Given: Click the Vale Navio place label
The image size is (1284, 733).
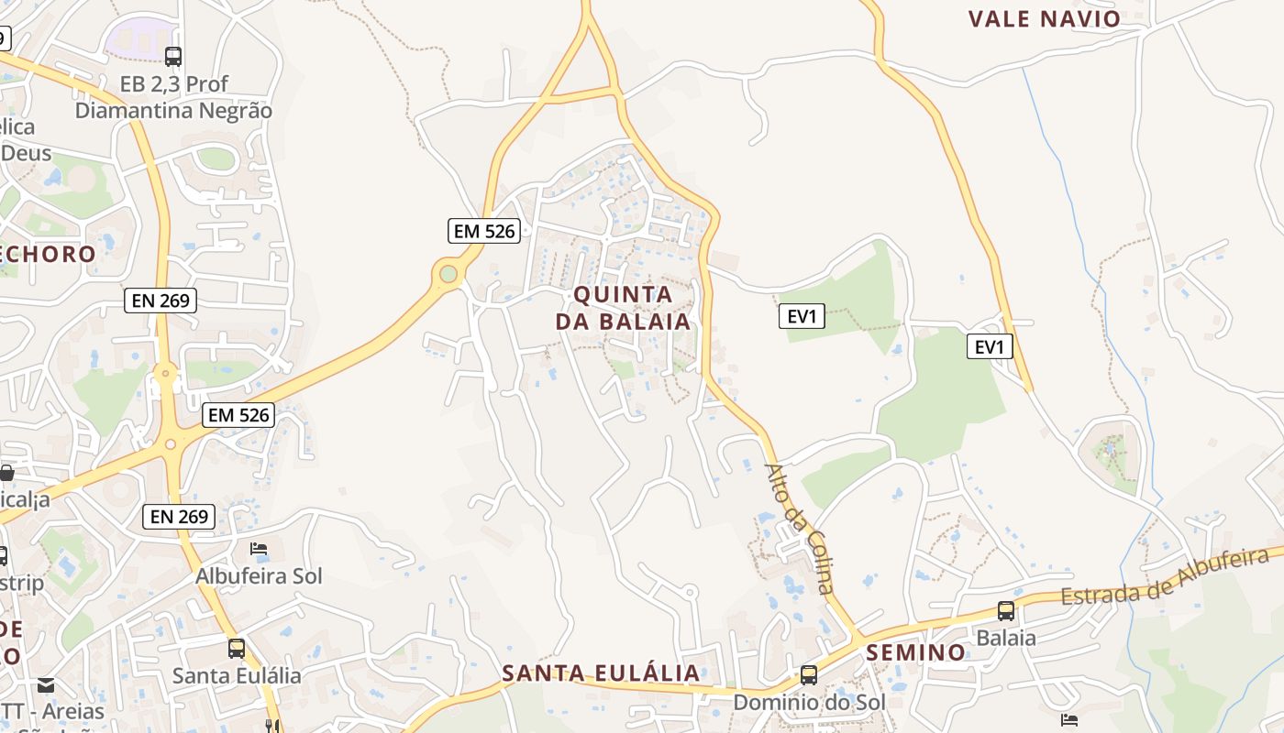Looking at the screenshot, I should point(1045,18).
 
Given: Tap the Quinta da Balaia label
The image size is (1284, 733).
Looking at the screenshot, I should point(623,308).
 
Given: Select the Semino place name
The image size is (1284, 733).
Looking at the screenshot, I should point(916,652).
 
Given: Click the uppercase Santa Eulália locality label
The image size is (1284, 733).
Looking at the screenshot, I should point(601,673).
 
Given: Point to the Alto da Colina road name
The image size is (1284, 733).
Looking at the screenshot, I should point(801,529).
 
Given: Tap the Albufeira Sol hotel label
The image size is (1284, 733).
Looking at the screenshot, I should point(259,576).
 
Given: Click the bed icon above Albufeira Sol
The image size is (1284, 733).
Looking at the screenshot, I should point(259,549).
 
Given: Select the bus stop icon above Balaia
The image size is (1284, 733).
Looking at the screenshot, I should point(1006,611).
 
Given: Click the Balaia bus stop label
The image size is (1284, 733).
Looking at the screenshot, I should point(1006,638).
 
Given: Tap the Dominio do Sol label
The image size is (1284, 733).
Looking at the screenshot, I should point(808,702).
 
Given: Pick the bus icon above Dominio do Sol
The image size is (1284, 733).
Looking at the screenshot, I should point(808,675).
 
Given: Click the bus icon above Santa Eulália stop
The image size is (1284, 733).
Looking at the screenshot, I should point(237,649).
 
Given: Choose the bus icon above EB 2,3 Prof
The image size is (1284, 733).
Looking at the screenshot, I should point(173,57).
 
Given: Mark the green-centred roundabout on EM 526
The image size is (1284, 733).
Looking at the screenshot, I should point(448,273).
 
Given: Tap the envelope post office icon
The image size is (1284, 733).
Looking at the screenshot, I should point(45,684).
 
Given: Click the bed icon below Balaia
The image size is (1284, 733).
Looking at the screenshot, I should point(1068,720).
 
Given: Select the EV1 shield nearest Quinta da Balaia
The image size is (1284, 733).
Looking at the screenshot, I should point(802,316).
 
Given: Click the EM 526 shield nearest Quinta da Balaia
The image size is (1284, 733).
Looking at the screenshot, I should point(484,231).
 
